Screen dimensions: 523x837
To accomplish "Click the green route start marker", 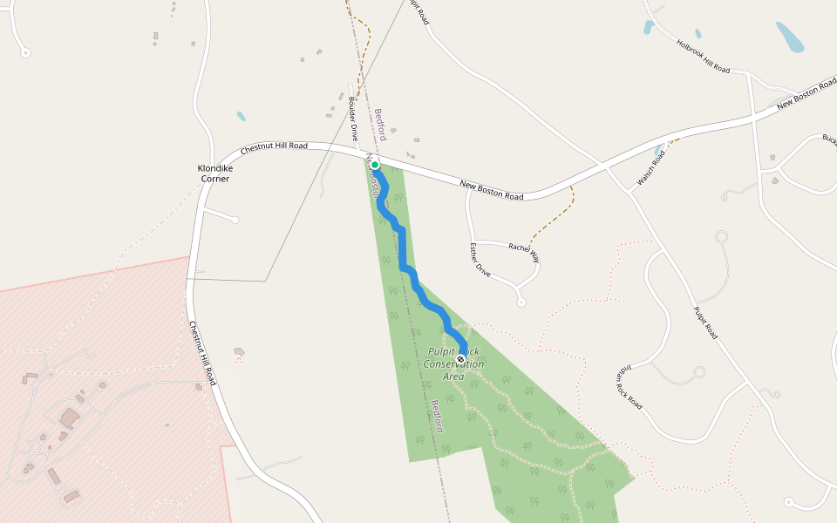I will click(x=375, y=164).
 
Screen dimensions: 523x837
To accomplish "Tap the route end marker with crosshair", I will click(x=460, y=358).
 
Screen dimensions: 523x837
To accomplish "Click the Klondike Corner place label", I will click(x=214, y=173).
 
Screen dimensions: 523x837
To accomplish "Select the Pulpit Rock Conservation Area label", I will click(x=455, y=363).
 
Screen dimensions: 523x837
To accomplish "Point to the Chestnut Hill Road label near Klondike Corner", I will click(x=274, y=147).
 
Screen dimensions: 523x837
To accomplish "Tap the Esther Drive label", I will click(x=480, y=260).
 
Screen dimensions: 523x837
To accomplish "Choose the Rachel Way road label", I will click(x=524, y=253).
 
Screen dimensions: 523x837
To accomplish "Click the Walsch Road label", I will click(x=651, y=166).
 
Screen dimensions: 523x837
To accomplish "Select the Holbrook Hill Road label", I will click(x=703, y=55).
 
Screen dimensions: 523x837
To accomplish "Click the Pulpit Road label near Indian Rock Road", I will click(x=705, y=323).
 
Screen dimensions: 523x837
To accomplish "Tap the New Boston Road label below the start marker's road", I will click(x=491, y=190).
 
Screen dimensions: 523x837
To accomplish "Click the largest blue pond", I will click(x=790, y=37).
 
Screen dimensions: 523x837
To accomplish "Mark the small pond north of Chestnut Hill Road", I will click(x=241, y=116).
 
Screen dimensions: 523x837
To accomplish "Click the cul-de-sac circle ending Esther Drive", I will click(x=521, y=302).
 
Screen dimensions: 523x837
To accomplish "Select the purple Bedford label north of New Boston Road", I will click(x=380, y=125).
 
